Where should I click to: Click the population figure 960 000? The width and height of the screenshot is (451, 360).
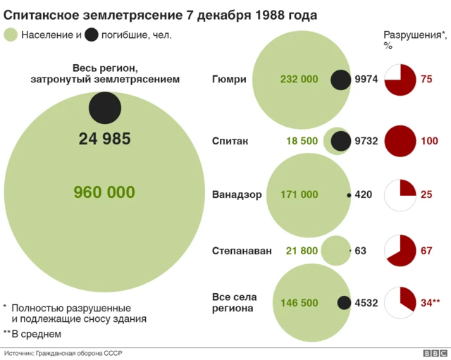[104, 192]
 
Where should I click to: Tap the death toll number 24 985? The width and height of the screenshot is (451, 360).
[104, 139]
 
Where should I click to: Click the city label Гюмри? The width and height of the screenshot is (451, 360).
[229, 80]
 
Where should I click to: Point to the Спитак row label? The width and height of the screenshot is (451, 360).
[230, 141]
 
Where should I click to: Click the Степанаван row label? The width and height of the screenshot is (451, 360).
[241, 250]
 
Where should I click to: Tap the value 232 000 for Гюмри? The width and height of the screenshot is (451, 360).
[299, 80]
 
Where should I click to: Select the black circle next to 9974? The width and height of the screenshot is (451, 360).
[342, 80]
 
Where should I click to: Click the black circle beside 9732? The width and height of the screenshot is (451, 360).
[341, 141]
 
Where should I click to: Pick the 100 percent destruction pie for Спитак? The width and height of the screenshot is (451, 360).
[400, 141]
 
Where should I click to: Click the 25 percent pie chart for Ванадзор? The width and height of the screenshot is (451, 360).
[400, 194]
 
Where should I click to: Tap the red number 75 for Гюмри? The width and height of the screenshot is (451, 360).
[426, 80]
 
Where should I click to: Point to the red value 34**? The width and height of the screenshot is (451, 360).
[430, 303]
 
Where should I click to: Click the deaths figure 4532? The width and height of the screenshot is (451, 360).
[366, 303]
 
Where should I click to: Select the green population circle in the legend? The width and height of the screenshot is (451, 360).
[11, 35]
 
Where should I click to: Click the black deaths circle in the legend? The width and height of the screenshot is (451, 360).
[91, 35]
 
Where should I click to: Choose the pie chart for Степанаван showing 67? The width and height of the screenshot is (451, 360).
[400, 250]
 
